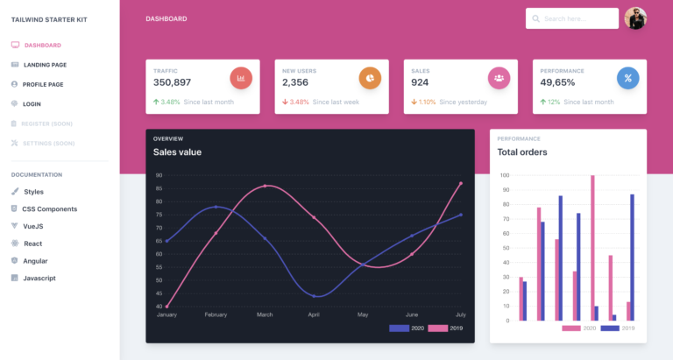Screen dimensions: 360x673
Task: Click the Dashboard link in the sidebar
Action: [x=42, y=45]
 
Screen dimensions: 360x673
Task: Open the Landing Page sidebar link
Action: [x=45, y=65]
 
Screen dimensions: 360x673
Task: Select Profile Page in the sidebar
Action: [x=43, y=84]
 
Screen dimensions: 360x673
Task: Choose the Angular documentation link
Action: [x=35, y=261]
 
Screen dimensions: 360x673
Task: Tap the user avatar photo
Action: [x=635, y=18]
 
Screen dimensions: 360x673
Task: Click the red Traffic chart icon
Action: [x=241, y=78]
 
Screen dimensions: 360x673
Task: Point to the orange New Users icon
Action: [x=370, y=78]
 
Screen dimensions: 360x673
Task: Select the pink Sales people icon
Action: [x=499, y=78]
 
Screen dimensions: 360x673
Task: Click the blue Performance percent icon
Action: [x=627, y=78]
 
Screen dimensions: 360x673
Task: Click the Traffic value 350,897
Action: [x=172, y=82]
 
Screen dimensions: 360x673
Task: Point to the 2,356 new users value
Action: [x=295, y=82]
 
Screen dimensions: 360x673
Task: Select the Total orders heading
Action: [x=522, y=152]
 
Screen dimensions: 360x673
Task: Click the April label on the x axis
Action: [x=314, y=314]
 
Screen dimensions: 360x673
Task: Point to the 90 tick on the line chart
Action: [x=159, y=175]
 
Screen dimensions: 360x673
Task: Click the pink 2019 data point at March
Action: [x=265, y=186]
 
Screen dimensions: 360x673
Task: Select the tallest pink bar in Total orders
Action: [x=592, y=248]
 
